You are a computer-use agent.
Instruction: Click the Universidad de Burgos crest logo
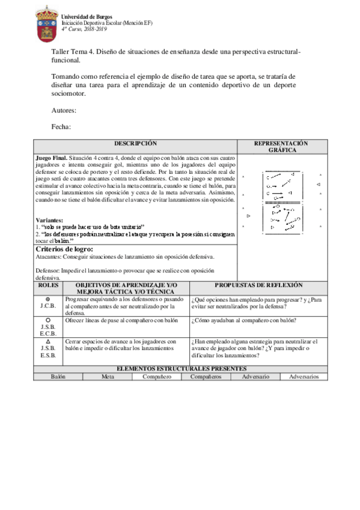47,24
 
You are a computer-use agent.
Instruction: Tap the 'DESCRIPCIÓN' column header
135,144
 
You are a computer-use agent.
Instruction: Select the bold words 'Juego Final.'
52,158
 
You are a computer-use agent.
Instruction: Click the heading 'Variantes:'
49,221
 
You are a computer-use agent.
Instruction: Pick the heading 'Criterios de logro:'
64,248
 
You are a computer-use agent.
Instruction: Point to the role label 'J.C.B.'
48,306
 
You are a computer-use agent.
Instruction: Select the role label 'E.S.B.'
48,355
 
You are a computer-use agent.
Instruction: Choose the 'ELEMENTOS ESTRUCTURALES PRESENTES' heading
180,368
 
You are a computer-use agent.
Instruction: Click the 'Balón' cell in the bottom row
58,376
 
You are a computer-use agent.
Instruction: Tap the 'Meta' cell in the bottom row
108,376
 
